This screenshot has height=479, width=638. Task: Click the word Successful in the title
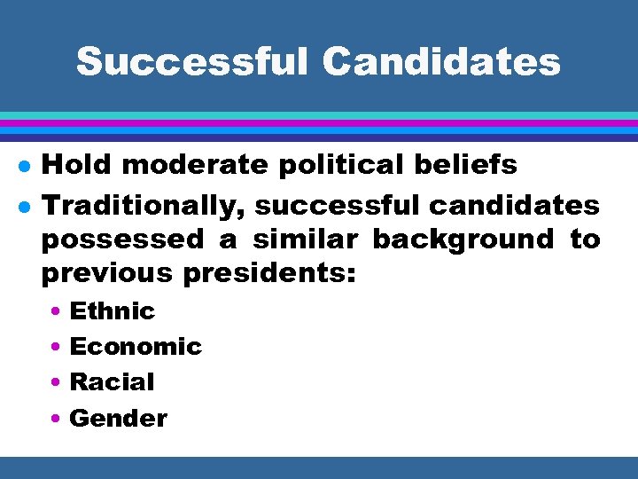point(191,62)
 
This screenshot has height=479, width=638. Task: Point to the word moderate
point(183,164)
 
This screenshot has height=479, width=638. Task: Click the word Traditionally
point(146,207)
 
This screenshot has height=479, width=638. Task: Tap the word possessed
point(121,240)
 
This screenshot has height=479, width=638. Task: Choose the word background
point(462,240)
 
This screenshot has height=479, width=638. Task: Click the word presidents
point(269,274)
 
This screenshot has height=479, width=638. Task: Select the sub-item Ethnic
point(112,311)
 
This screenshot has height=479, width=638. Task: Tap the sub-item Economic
point(136,347)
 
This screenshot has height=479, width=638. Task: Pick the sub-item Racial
point(112,382)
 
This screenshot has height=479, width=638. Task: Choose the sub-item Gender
point(118,418)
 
